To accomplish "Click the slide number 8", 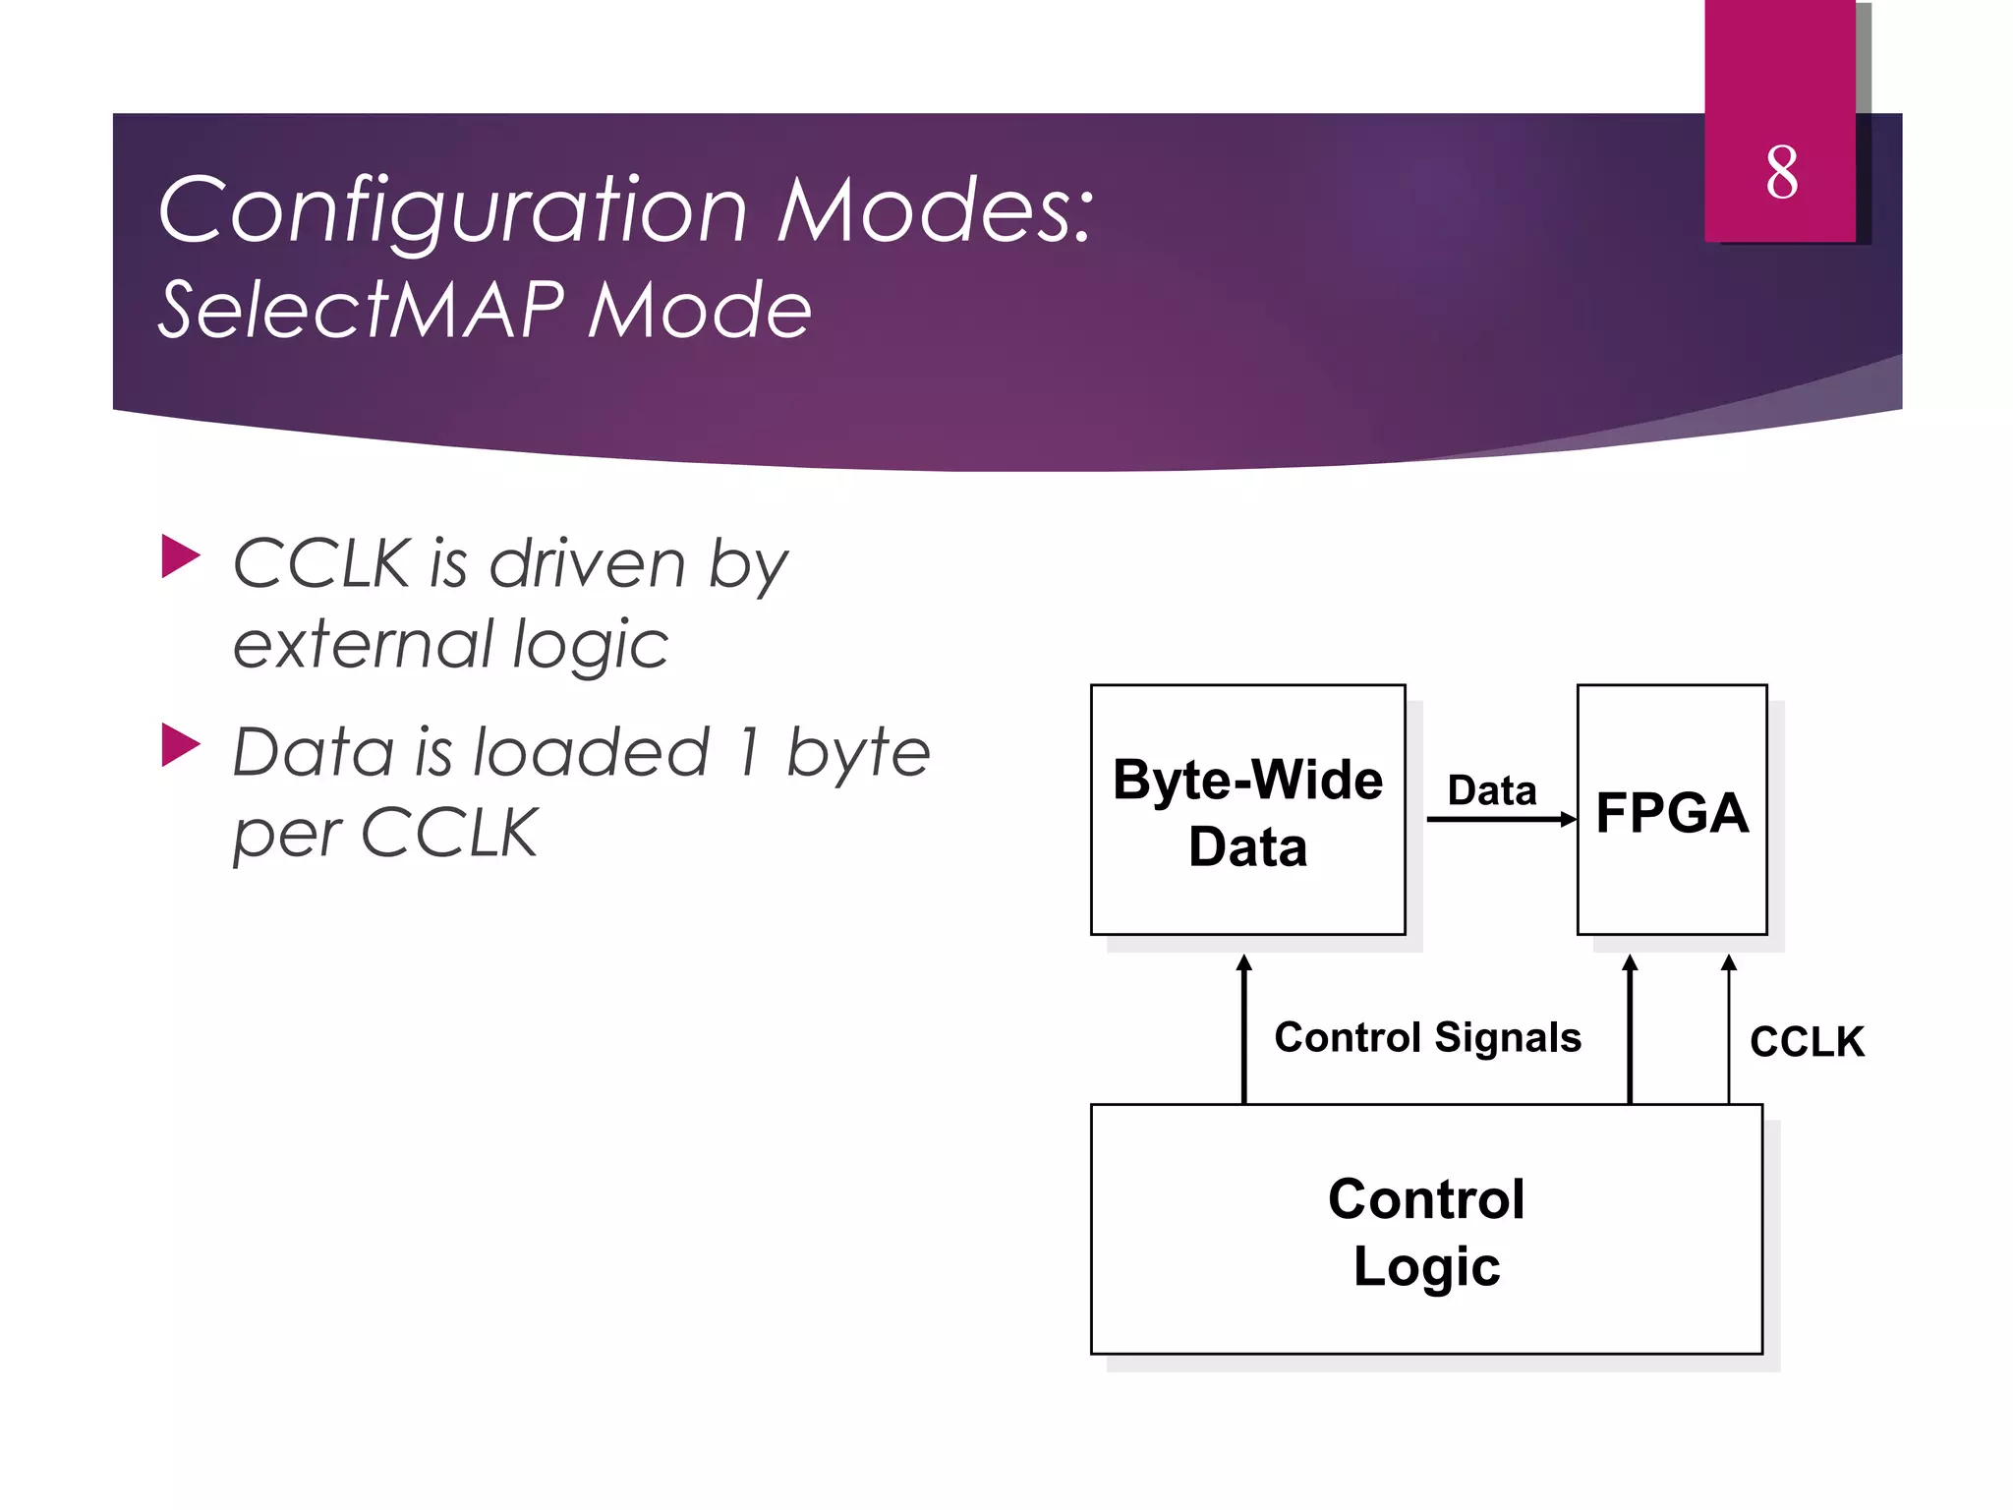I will click(x=1781, y=173).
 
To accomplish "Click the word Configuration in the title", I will click(x=452, y=211).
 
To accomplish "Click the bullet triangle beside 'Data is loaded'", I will click(x=180, y=745).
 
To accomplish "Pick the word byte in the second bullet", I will click(x=857, y=753).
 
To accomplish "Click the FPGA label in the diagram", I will click(x=1671, y=813).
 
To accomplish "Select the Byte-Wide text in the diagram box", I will click(x=1247, y=781).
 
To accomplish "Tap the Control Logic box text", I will click(x=1426, y=1232).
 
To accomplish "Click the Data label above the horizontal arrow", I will click(x=1491, y=790).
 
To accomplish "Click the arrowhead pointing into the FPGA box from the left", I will click(x=1569, y=819).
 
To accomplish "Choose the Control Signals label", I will click(x=1427, y=1037).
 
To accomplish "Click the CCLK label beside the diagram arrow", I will click(x=1807, y=1042).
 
